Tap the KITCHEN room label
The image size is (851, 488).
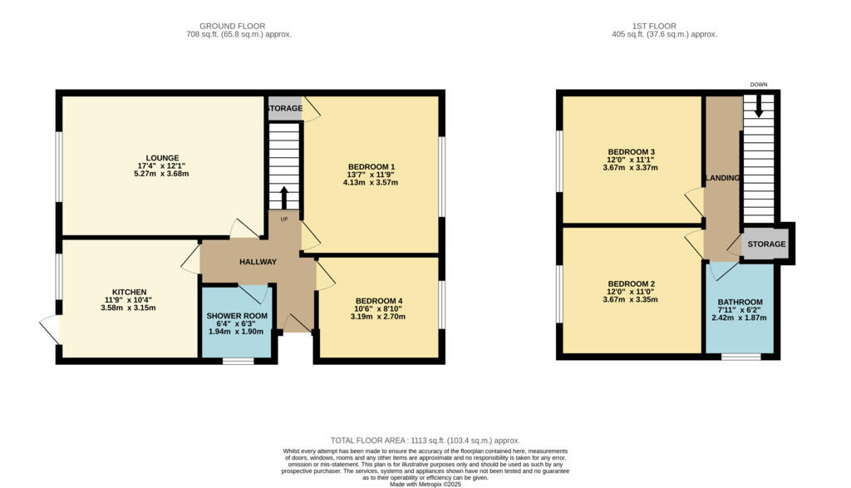[130, 292]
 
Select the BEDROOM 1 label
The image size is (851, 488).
[371, 166]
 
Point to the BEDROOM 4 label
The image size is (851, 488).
[379, 300]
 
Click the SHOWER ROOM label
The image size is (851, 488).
[237, 316]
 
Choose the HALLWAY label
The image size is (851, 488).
[258, 262]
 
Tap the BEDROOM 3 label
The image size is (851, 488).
[630, 151]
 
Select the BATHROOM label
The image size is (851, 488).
[740, 302]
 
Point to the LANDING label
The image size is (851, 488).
[722, 179]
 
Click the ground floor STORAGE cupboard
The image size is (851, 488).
[284, 108]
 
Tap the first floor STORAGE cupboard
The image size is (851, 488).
[765, 244]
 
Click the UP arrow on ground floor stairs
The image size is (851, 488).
[284, 200]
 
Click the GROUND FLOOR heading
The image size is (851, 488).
[239, 26]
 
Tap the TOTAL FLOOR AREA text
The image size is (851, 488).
[425, 441]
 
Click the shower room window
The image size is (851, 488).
[239, 361]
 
